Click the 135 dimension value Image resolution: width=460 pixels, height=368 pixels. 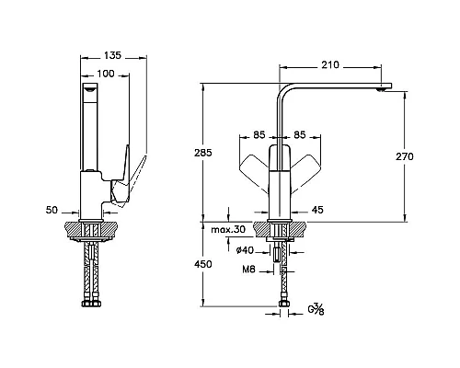112,55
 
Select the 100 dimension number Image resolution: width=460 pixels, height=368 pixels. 106,74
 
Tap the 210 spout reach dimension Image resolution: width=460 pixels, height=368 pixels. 330,65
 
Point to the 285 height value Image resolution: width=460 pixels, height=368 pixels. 203,153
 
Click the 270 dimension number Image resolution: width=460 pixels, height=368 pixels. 405,156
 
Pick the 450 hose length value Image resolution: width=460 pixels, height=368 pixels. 203,264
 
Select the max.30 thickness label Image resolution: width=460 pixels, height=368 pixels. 228,229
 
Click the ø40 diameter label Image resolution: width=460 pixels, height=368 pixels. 245,250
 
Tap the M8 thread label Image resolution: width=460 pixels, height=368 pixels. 248,270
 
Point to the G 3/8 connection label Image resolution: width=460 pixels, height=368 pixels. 316,309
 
